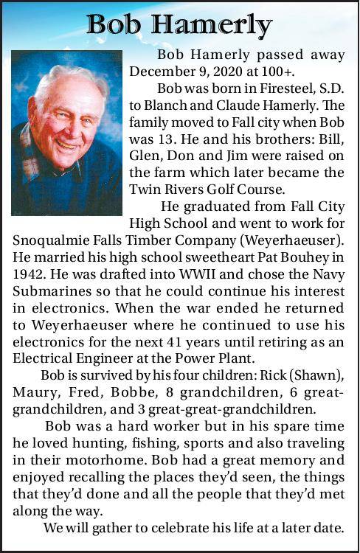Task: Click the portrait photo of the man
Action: click(x=66, y=132)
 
